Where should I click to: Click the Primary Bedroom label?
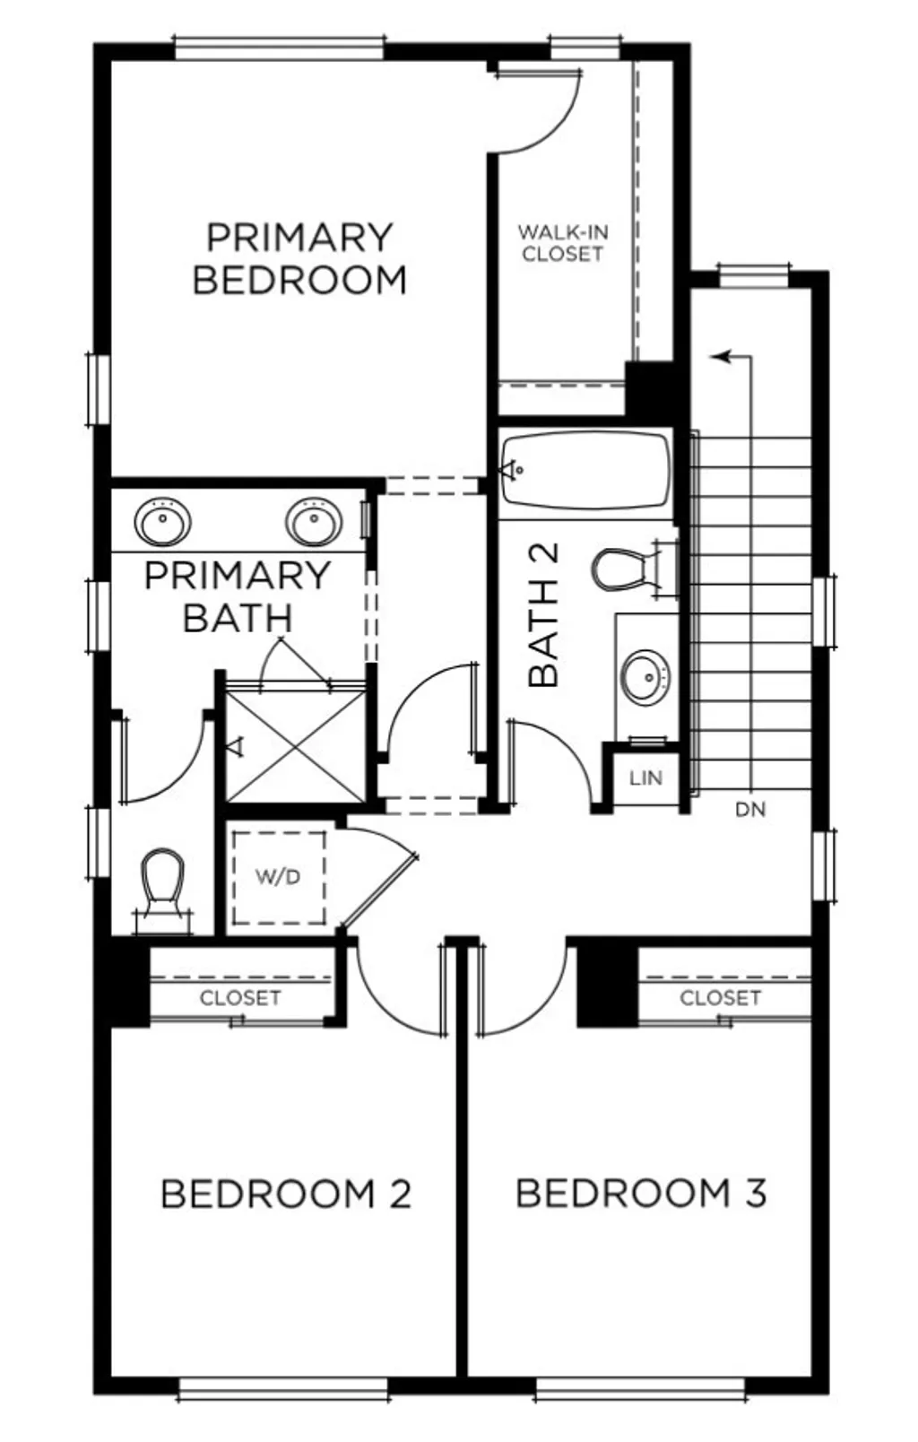click(299, 259)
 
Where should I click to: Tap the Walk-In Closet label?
click(562, 243)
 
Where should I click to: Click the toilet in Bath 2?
click(620, 569)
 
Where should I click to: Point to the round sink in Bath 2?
click(645, 676)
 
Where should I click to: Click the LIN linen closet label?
click(645, 777)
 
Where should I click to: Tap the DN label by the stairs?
click(750, 810)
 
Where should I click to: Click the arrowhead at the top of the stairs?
click(719, 357)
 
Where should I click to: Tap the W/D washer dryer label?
click(278, 877)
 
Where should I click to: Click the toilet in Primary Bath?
click(163, 882)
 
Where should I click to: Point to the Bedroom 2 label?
click(286, 1194)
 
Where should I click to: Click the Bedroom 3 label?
click(641, 1194)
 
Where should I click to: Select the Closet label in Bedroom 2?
click(240, 998)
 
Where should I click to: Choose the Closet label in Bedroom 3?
click(720, 998)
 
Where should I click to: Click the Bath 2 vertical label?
click(544, 614)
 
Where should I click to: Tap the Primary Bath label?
click(238, 596)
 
